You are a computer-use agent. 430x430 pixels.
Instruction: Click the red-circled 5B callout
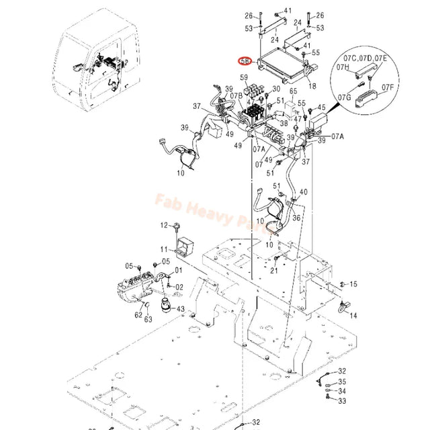(x=246, y=60)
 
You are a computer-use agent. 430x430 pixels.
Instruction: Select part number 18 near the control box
(x=311, y=87)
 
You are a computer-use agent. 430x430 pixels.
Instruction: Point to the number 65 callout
(x=293, y=91)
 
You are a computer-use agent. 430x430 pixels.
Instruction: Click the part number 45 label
(x=321, y=107)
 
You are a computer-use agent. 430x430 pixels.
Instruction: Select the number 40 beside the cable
(x=304, y=191)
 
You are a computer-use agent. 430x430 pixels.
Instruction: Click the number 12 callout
(x=163, y=224)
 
